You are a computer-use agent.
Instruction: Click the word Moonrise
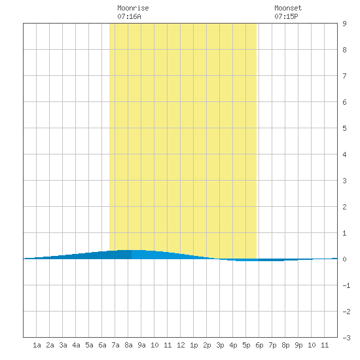coord(133,8)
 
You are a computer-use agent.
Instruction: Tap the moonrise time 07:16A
coord(129,16)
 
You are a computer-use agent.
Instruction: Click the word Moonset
coord(288,8)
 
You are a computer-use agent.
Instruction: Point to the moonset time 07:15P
coord(286,16)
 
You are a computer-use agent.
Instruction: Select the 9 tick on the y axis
coord(344,24)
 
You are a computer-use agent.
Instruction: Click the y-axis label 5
coord(344,128)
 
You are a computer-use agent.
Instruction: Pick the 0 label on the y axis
coord(344,259)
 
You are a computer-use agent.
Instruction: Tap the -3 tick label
coord(346,338)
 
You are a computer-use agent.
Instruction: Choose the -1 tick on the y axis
coord(346,285)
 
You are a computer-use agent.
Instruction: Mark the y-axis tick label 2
coord(344,207)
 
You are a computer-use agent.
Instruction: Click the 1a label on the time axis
coord(37,345)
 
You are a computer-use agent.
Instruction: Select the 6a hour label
coord(102,345)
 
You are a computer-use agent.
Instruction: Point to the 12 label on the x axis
coord(181,345)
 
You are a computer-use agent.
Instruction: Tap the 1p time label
coord(194,345)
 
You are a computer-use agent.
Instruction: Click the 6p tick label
coord(259,345)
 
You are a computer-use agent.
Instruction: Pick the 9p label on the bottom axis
coord(298,345)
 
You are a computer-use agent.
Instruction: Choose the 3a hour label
coord(63,345)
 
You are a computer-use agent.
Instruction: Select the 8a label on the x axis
coord(128,345)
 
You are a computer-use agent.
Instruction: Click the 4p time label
coord(233,345)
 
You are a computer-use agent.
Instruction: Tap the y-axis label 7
coord(344,76)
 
